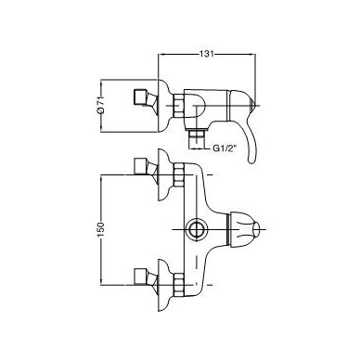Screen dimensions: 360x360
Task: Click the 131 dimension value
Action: click(206, 54)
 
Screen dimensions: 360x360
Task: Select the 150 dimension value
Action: click(101, 230)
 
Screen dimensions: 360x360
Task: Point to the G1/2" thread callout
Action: click(225, 148)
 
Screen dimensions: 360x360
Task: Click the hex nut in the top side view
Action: click(179, 106)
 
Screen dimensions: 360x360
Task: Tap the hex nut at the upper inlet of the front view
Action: click(179, 175)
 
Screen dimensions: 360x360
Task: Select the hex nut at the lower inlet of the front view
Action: click(179, 285)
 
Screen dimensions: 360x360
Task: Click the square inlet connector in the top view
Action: click(141, 97)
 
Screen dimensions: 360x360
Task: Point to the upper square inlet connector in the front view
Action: click(141, 166)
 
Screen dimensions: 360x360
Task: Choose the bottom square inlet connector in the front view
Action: click(141, 276)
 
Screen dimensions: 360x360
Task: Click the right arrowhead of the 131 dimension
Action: click(252, 54)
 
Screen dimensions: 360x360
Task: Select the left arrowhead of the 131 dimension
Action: click(161, 54)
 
